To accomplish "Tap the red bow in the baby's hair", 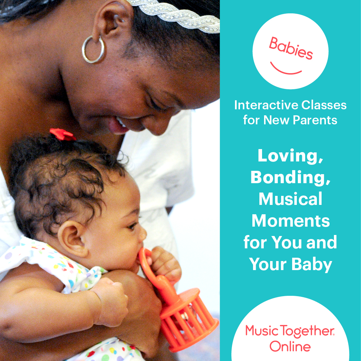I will point(62,135).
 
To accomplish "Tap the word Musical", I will point(290,199).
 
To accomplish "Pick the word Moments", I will point(290,221).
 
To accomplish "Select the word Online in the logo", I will point(290,346).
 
